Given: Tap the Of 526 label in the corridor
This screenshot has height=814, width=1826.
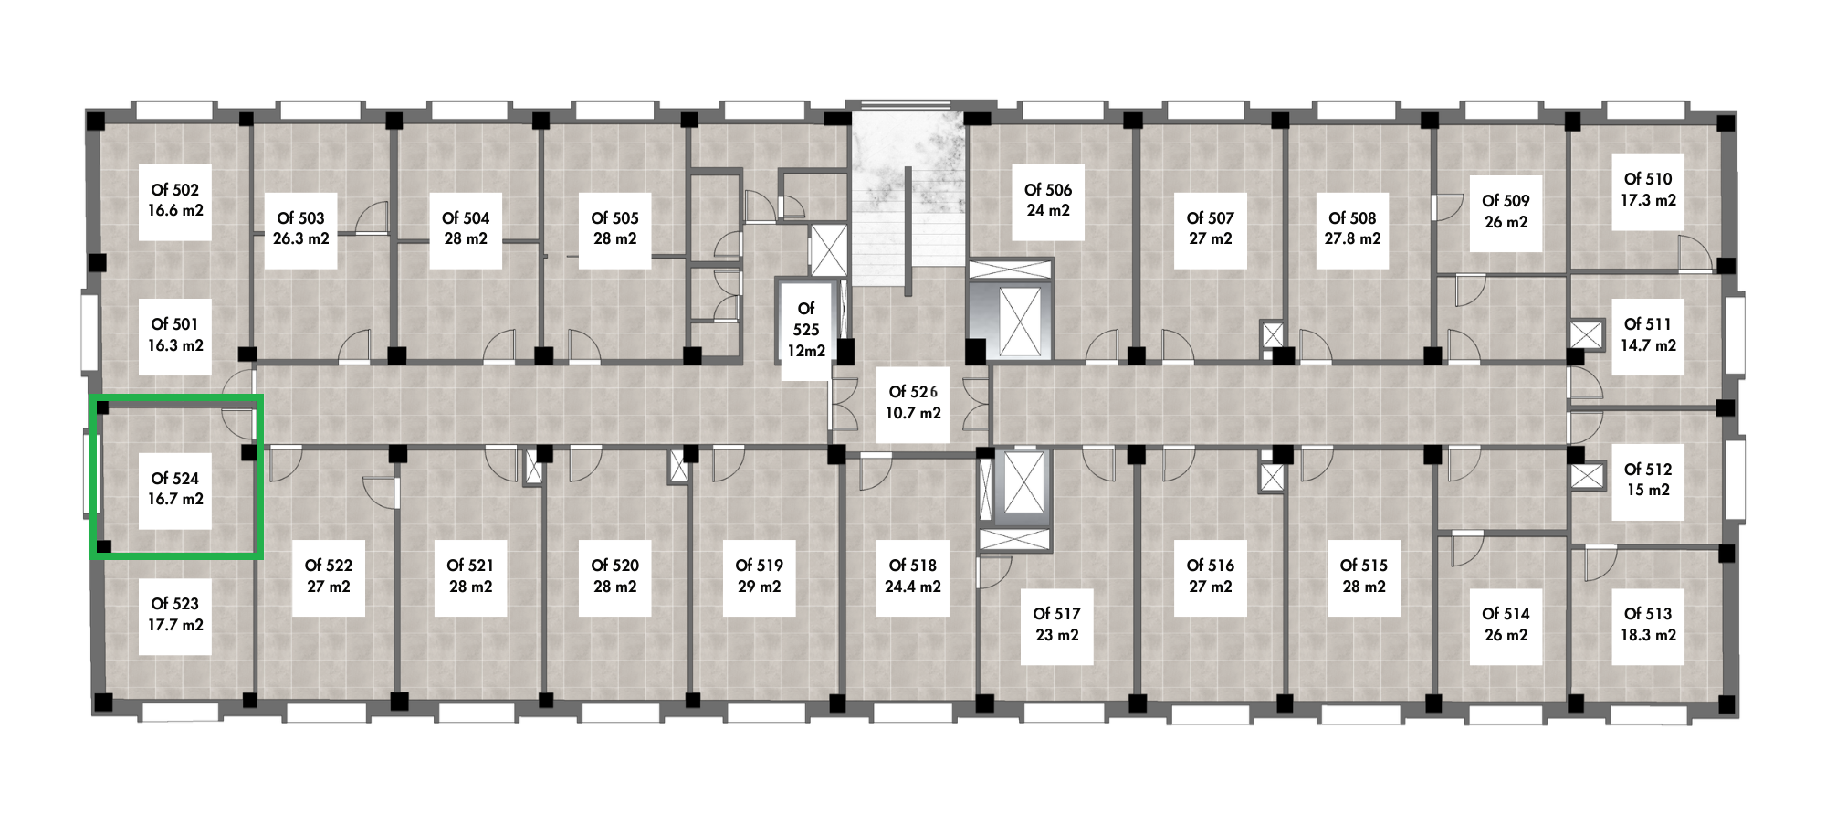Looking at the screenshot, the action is click(x=913, y=402).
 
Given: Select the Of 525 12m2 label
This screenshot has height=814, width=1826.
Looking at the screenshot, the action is click(x=806, y=330).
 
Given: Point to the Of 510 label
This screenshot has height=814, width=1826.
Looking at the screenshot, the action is click(x=1648, y=190).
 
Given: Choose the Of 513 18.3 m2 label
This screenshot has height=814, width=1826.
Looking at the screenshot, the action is click(x=1648, y=624).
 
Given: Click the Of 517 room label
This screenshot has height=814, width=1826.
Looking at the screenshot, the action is click(x=1056, y=624).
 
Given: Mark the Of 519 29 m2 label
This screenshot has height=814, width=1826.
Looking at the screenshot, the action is click(x=759, y=576).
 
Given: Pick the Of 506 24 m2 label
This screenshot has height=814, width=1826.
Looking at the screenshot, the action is click(x=1047, y=200).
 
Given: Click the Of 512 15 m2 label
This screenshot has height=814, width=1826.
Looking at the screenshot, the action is click(x=1648, y=480).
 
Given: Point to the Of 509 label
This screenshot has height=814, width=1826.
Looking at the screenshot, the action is click(x=1506, y=212).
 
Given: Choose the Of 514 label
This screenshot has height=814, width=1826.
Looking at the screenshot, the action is click(x=1506, y=624).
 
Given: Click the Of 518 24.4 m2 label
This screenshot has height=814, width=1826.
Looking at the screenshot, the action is click(x=913, y=576).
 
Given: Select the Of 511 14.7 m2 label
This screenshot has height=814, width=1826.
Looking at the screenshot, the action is click(x=1648, y=335).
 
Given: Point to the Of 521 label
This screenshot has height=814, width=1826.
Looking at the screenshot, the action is click(x=470, y=576).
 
